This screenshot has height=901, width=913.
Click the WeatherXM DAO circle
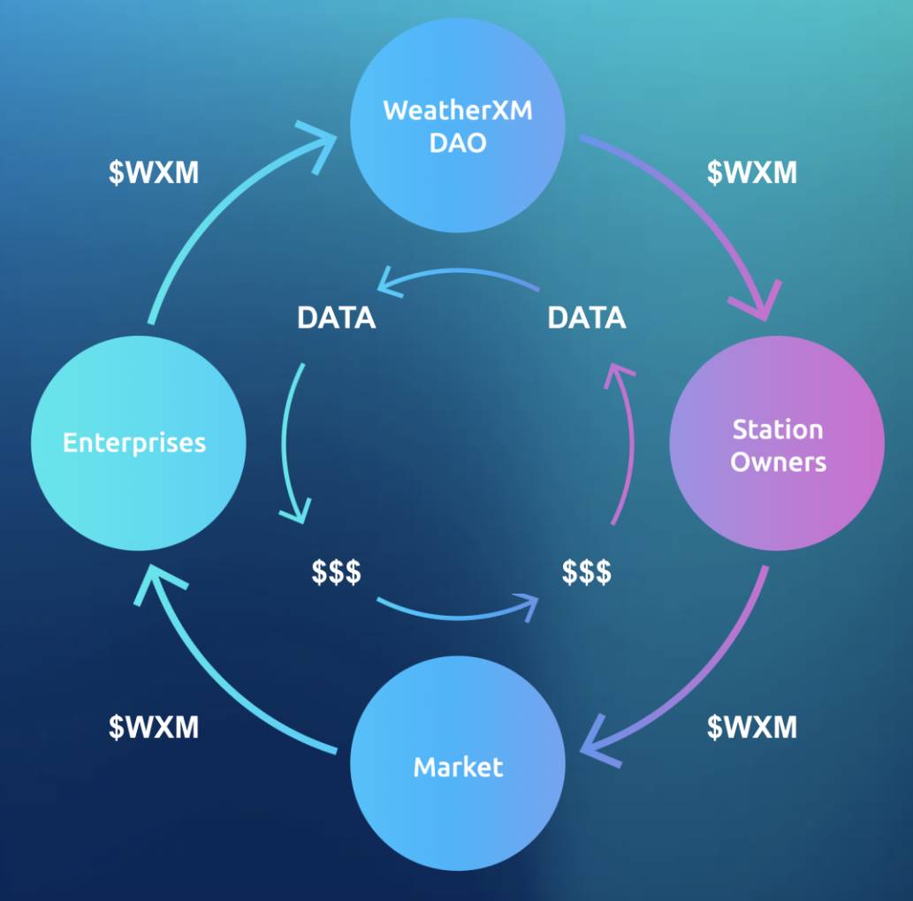coord(458,126)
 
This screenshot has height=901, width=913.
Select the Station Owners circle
coord(777,444)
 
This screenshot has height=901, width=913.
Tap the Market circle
coord(458,765)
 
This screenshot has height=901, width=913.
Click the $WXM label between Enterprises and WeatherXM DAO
coord(154,172)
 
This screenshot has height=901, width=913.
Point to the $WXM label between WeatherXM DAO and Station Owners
coord(752,172)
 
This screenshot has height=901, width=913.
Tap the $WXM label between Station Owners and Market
coord(752,727)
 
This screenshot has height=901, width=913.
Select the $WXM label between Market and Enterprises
coord(154,727)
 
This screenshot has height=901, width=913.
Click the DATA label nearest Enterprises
coord(336,318)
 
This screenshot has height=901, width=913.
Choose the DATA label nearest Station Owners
coord(587,318)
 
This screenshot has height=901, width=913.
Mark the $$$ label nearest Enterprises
coord(336,572)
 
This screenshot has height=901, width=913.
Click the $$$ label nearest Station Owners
coord(587,572)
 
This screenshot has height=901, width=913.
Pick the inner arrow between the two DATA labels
coord(460,272)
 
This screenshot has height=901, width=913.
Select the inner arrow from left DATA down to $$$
coord(287,442)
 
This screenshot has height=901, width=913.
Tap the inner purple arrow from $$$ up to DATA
coord(629,442)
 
